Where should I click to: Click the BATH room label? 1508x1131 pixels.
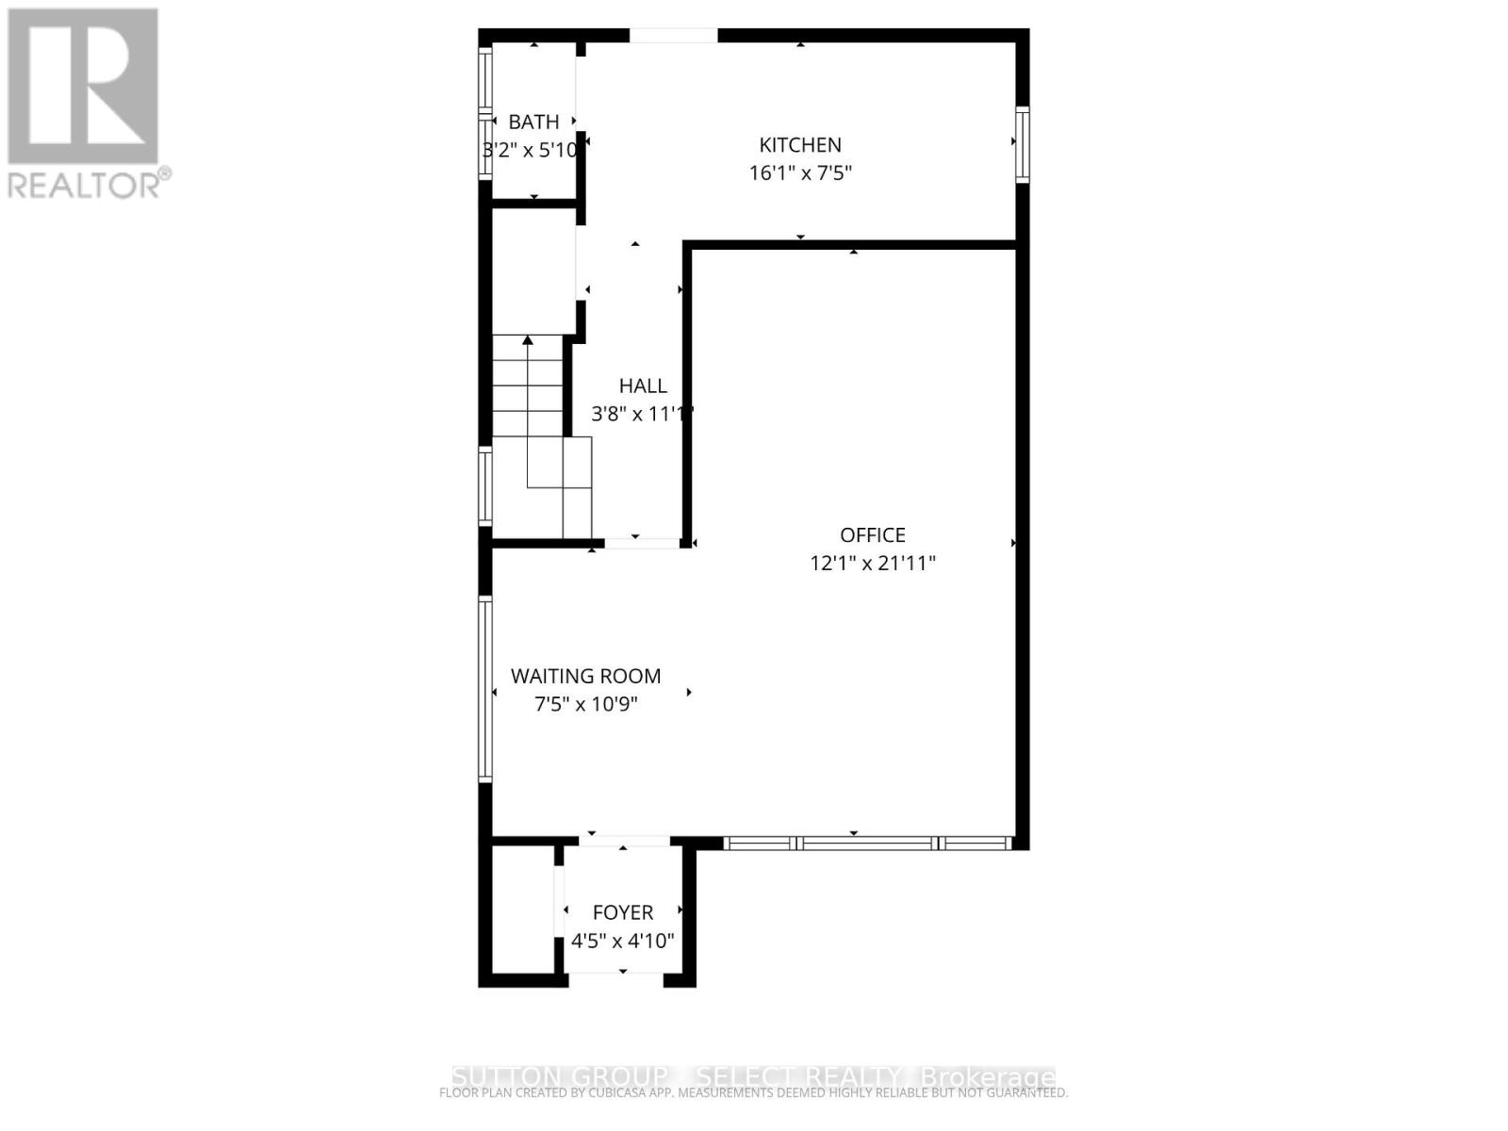pos(533,122)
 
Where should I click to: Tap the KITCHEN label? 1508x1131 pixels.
pos(800,145)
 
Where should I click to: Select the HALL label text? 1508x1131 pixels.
pos(643,385)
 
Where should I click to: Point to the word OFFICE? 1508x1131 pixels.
pos(873,535)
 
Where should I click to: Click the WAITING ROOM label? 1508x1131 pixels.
pos(585,676)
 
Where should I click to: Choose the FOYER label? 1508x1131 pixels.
pos(623,912)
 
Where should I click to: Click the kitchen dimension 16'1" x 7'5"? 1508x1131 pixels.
pos(800,173)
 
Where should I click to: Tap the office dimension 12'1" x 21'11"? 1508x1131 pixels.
pos(873,564)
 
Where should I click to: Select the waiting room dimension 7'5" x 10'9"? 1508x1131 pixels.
pos(585,704)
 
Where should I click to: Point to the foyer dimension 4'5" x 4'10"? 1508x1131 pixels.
pos(623,941)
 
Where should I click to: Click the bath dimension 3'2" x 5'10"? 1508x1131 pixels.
pos(531,150)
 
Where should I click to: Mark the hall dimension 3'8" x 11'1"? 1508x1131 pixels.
pos(642,414)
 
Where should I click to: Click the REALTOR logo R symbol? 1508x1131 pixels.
pos(83,86)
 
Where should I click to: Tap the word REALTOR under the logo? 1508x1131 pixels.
pos(85,185)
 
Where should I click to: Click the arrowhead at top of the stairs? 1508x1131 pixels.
pos(528,340)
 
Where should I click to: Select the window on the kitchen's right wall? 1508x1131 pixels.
pos(1022,143)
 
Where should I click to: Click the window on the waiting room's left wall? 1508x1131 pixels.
pos(485,689)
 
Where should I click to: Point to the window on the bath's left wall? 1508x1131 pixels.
pos(485,113)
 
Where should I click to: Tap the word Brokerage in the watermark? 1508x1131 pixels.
pos(987,1077)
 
